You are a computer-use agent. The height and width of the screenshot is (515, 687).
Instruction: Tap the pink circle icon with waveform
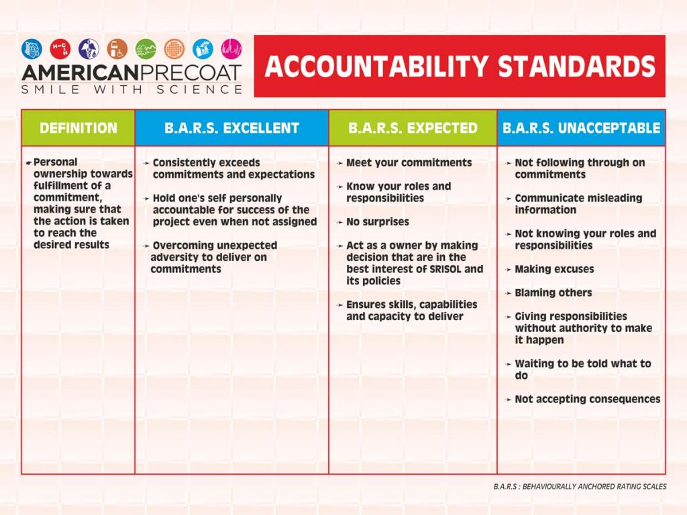[231, 48]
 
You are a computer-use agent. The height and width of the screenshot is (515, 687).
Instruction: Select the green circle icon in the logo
[146, 48]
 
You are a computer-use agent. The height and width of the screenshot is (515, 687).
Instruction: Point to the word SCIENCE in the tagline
[203, 89]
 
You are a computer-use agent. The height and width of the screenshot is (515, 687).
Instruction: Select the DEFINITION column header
[78, 128]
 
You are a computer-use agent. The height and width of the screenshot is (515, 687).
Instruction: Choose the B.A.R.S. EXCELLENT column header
[231, 128]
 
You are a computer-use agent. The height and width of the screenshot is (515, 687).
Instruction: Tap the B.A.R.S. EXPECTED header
[413, 128]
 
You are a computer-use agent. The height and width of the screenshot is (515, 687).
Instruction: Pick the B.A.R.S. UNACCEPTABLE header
[581, 128]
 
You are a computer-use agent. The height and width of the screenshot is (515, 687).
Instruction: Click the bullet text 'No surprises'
[377, 222]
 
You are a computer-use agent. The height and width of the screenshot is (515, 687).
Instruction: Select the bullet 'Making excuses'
[554, 269]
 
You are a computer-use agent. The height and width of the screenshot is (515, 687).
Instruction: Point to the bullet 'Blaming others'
[553, 292]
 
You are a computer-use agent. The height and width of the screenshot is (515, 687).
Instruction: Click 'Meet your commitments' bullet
[409, 163]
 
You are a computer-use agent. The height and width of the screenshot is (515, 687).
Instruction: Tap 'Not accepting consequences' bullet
[587, 399]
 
